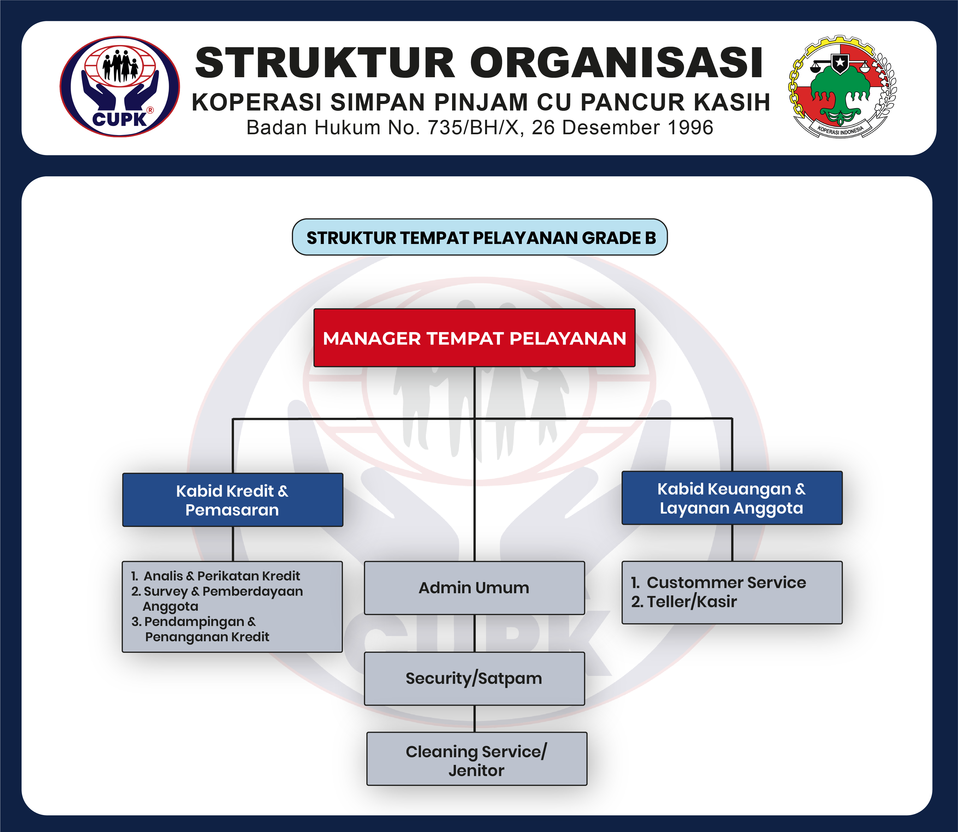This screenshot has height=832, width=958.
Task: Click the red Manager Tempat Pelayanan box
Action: [x=474, y=338]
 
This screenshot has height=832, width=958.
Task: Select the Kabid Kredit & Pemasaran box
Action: [x=232, y=500]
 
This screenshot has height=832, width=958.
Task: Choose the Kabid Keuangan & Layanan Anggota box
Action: [x=732, y=498]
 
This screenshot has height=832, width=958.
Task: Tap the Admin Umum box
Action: [x=474, y=588]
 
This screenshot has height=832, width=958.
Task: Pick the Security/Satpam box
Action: [x=474, y=678]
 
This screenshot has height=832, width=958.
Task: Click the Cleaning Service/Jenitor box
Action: [x=477, y=759]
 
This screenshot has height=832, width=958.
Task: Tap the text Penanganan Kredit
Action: [x=207, y=637]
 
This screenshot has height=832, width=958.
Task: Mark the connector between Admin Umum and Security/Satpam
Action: [x=474, y=633]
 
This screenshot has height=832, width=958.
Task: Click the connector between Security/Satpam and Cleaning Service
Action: [x=474, y=719]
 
